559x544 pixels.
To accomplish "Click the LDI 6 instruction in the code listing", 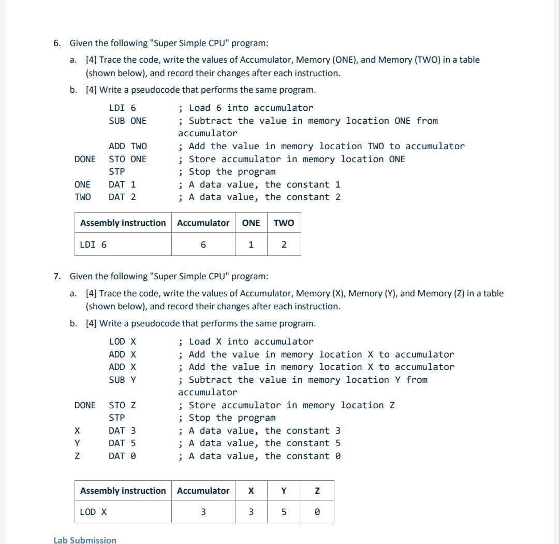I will (122, 108).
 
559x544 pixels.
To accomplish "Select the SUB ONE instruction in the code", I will (127, 121).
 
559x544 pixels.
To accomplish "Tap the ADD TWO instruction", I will (127, 146).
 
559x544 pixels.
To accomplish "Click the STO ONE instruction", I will (127, 159).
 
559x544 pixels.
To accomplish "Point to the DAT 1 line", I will (122, 184).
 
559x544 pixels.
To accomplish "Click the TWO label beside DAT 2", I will (82, 197).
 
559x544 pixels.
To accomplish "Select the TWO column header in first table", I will (284, 223).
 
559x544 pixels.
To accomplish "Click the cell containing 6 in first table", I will (203, 245).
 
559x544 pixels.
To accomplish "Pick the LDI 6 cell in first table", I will (94, 245).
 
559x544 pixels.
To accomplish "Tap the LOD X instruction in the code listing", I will (122, 341).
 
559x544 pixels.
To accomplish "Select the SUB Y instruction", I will (122, 380).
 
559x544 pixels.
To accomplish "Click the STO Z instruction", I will (122, 405).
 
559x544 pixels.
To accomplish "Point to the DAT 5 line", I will (122, 443).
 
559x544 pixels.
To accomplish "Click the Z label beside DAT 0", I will (77, 456).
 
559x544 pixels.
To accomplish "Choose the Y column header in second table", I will (284, 491).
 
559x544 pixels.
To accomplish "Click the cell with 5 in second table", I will (284, 512).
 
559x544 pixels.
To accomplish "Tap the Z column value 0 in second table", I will (317, 512).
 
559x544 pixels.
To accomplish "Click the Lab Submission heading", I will (85, 540).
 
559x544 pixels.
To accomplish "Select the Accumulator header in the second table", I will (203, 491).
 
